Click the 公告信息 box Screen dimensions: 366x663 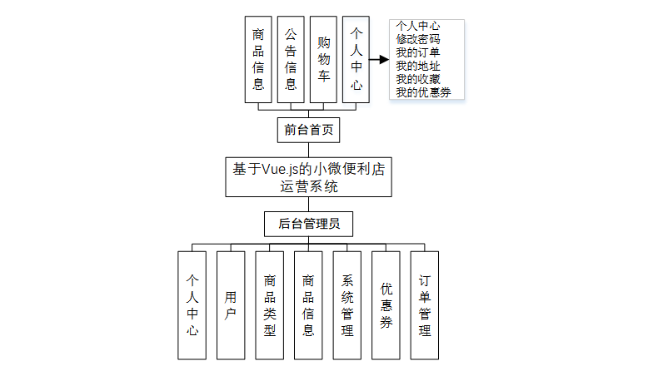click(x=291, y=59)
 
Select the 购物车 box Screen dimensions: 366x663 click(x=323, y=59)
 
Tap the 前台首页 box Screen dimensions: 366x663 click(x=308, y=130)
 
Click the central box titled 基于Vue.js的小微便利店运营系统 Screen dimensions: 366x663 click(x=308, y=177)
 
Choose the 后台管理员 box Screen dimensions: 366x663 click(x=308, y=224)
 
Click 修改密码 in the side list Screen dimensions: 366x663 click(x=418, y=39)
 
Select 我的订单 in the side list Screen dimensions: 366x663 click(x=418, y=52)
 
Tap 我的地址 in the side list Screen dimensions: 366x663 click(x=418, y=66)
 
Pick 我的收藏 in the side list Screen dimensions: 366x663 click(x=418, y=79)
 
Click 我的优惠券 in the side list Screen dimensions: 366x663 click(x=424, y=92)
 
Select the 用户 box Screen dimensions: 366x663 click(x=231, y=304)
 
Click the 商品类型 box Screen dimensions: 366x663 click(x=269, y=304)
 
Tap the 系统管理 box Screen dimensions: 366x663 click(x=347, y=304)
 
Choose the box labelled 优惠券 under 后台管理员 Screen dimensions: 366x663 click(x=386, y=304)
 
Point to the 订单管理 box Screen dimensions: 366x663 click(x=425, y=304)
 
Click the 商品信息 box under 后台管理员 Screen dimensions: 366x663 click(x=308, y=304)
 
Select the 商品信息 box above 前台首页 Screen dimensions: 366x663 click(x=258, y=59)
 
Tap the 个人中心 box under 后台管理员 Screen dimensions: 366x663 click(x=192, y=304)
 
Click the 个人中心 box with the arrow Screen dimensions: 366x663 click(x=356, y=59)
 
